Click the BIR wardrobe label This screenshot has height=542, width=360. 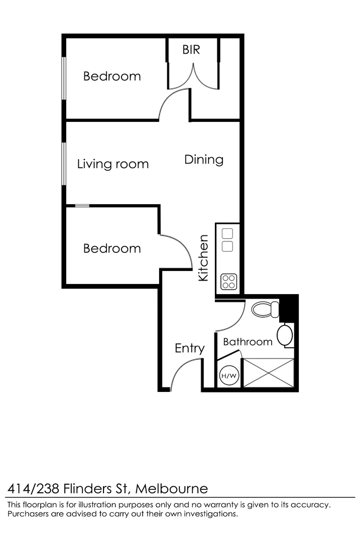coord(191,50)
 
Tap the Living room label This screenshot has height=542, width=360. coord(112,164)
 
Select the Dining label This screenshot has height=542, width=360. coord(203,160)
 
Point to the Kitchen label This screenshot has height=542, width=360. coord(203,258)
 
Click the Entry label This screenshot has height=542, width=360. coord(189,348)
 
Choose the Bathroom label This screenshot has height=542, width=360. coord(248,342)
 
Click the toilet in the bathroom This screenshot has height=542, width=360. coord(265,308)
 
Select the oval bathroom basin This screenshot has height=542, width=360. coord(285,335)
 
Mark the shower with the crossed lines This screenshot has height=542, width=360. coord(268,372)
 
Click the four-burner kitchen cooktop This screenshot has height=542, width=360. coord(229,281)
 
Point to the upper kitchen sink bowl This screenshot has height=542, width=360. coord(227,233)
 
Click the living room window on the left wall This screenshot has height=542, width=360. coord(64,164)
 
